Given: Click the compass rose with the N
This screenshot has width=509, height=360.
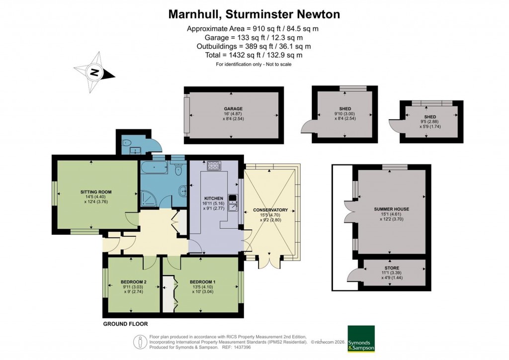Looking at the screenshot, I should pyautogui.click(x=93, y=73).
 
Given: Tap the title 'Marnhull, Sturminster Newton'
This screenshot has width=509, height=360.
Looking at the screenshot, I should pyautogui.click(x=254, y=14).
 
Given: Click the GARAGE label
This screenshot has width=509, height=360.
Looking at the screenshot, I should pyautogui.click(x=233, y=108).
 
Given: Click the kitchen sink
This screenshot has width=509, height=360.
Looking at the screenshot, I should pyautogui.click(x=233, y=204).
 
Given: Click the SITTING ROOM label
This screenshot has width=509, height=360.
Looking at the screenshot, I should pyautogui.click(x=96, y=191).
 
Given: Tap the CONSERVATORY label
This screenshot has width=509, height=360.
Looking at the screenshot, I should pyautogui.click(x=270, y=209).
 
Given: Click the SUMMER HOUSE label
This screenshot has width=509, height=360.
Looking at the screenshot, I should pyautogui.click(x=391, y=209).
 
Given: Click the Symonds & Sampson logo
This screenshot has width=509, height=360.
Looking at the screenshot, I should pyautogui.click(x=360, y=339).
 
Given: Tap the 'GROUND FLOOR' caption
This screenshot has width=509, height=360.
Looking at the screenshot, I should pyautogui.click(x=125, y=324).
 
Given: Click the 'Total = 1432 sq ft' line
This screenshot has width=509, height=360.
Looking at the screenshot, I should pyautogui.click(x=254, y=55).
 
